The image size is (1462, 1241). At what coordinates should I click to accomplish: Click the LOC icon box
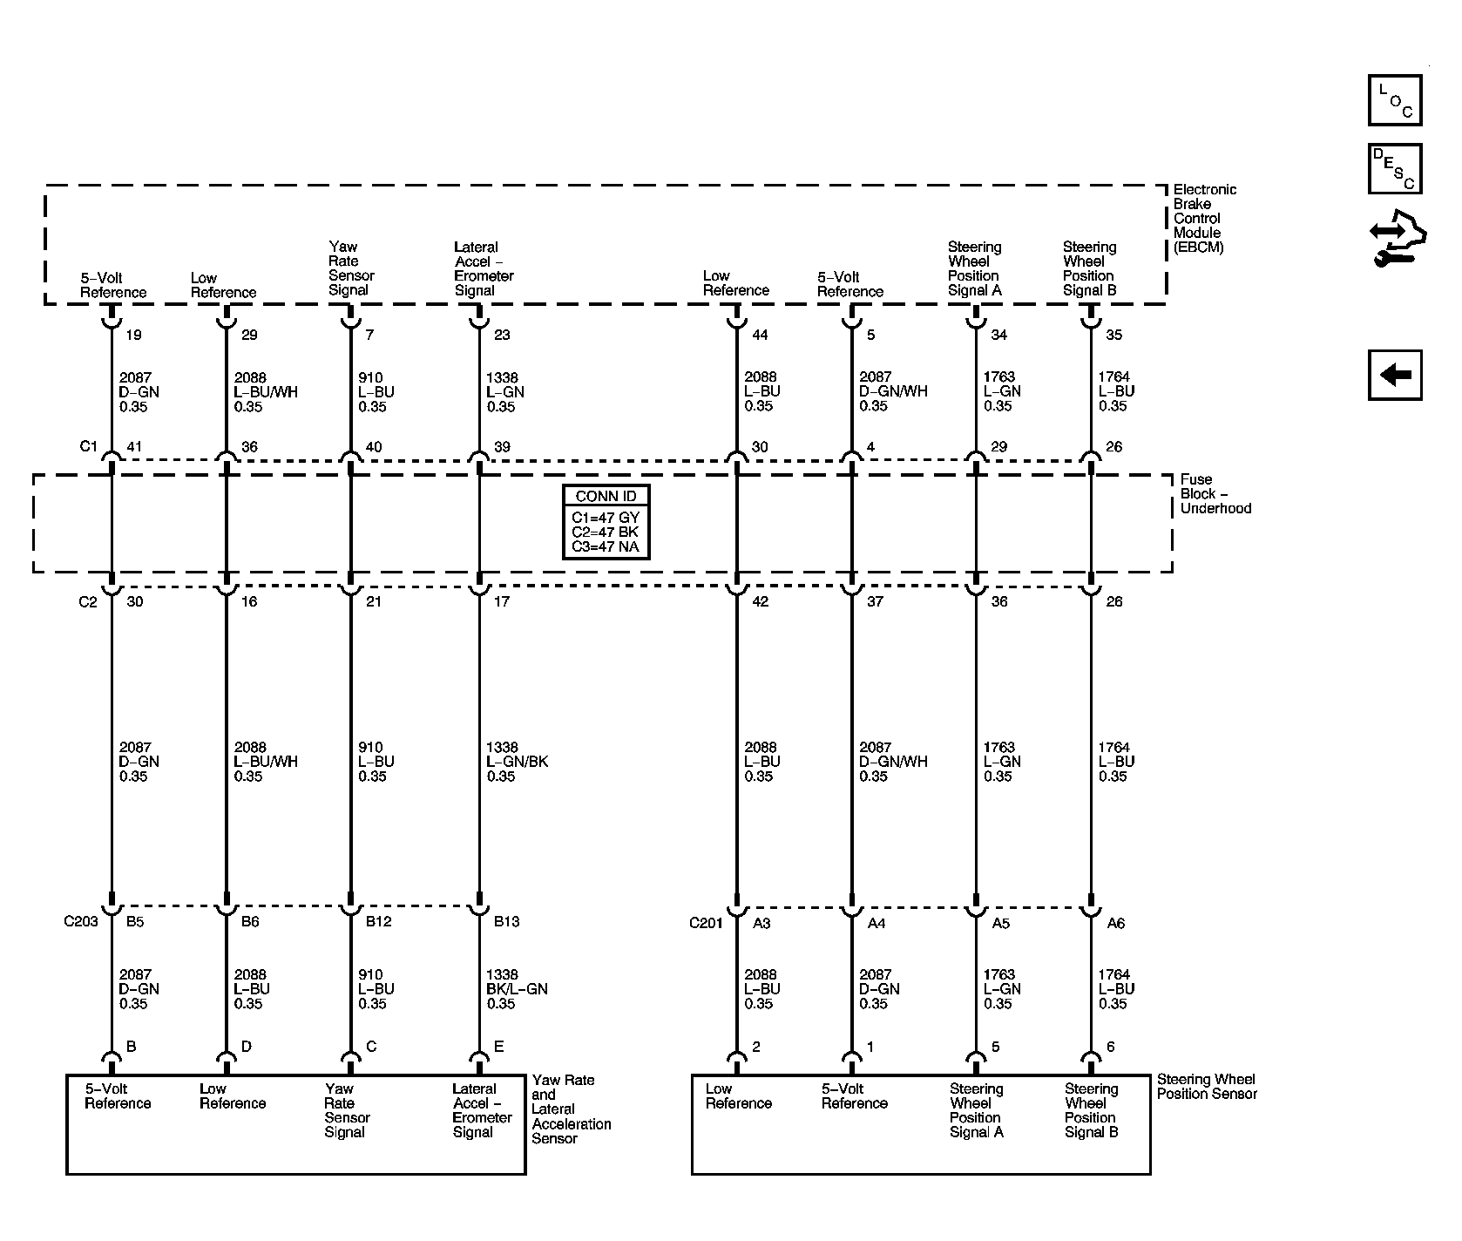[1395, 100]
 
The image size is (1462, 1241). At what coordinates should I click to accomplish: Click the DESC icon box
[1395, 168]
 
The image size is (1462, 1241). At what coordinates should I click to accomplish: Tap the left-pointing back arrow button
[1395, 376]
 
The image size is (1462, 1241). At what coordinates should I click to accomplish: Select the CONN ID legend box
[606, 521]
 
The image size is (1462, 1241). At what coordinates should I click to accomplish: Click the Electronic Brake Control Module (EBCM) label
[1203, 218]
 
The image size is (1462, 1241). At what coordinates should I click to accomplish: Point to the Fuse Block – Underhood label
[1215, 494]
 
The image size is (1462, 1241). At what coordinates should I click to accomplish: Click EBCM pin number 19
[133, 335]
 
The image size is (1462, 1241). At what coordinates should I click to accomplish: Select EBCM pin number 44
[760, 335]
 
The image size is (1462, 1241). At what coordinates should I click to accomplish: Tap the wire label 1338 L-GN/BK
[517, 762]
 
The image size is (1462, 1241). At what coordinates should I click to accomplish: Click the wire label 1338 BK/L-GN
[517, 989]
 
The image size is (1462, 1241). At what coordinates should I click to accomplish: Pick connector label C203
[81, 922]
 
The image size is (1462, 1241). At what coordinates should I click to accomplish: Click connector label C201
[707, 923]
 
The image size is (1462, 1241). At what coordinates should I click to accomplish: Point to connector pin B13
[506, 922]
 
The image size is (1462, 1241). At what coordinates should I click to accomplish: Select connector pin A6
[1115, 923]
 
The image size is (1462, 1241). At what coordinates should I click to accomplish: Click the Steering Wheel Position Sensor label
[1207, 1087]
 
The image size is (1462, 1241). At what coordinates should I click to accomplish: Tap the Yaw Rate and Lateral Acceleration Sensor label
[571, 1109]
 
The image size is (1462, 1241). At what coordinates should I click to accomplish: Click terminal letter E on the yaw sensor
[499, 1047]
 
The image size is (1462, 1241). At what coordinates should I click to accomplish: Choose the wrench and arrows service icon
[1398, 238]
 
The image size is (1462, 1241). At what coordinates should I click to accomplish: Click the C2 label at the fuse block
[88, 601]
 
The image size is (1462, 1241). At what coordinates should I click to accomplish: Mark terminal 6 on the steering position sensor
[1110, 1047]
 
